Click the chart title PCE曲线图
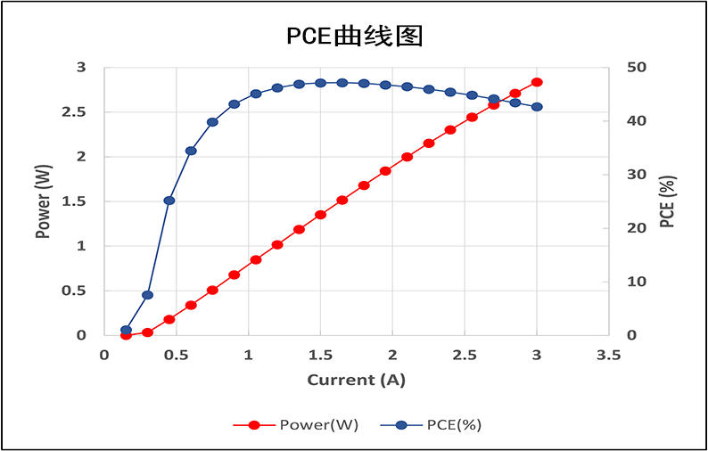coord(353,36)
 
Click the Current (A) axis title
coord(356,380)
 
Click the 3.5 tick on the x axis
coord(608,355)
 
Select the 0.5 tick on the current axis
coord(177,355)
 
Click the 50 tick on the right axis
coord(636,68)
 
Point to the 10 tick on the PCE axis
coord(636,282)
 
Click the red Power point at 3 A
coord(537,82)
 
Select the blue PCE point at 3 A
coord(537,107)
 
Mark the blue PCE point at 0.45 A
coord(169,201)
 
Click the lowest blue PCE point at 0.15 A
coord(126,330)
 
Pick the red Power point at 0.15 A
coord(126,335)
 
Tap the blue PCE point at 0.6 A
coord(191,151)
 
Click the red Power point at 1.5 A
coord(321,215)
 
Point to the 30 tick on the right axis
coord(636,175)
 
